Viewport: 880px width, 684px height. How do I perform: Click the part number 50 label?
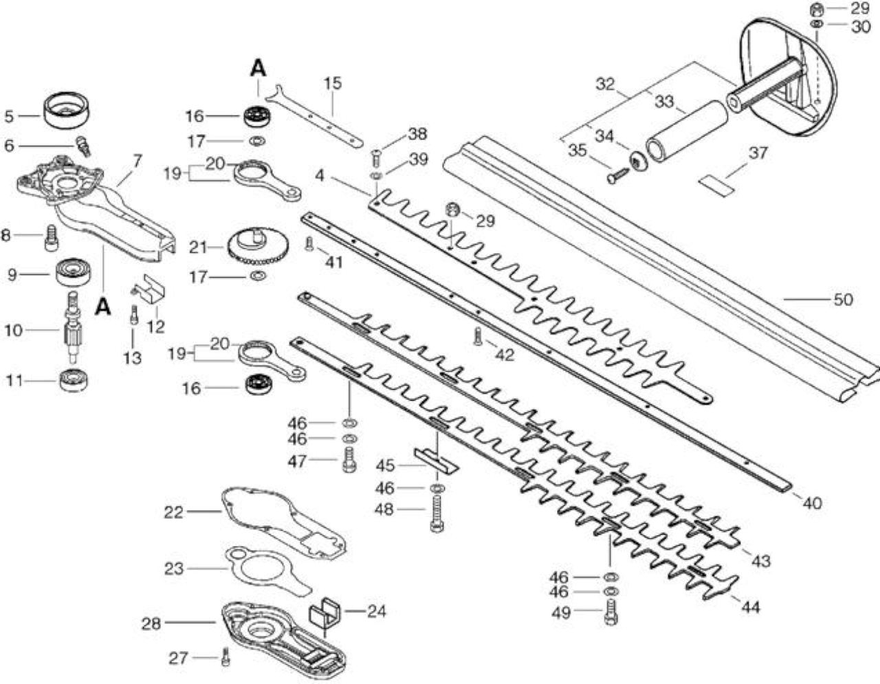[843, 300]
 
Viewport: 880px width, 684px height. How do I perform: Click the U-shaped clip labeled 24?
[325, 616]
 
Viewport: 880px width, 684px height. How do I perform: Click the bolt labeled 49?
[610, 613]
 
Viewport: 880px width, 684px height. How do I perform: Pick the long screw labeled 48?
[437, 514]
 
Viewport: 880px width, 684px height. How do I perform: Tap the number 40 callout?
[811, 503]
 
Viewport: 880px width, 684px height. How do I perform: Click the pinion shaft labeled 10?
[74, 328]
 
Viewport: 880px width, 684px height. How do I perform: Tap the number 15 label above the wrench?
[333, 83]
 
